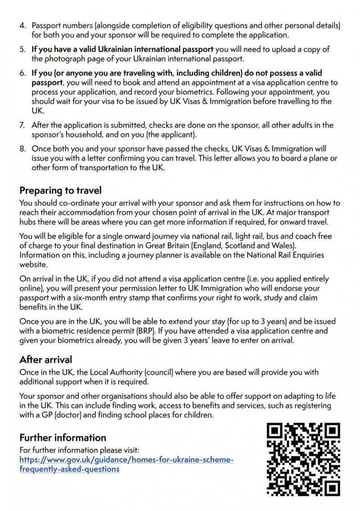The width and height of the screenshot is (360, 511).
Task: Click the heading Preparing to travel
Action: click(x=60, y=190)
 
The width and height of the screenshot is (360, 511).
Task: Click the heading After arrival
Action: click(x=45, y=360)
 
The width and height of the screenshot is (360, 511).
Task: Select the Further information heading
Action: click(x=63, y=438)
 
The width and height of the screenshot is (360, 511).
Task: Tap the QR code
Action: click(x=303, y=459)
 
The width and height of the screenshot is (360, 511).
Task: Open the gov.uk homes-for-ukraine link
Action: click(x=126, y=464)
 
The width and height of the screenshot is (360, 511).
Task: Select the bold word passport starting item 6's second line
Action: click(x=47, y=83)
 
